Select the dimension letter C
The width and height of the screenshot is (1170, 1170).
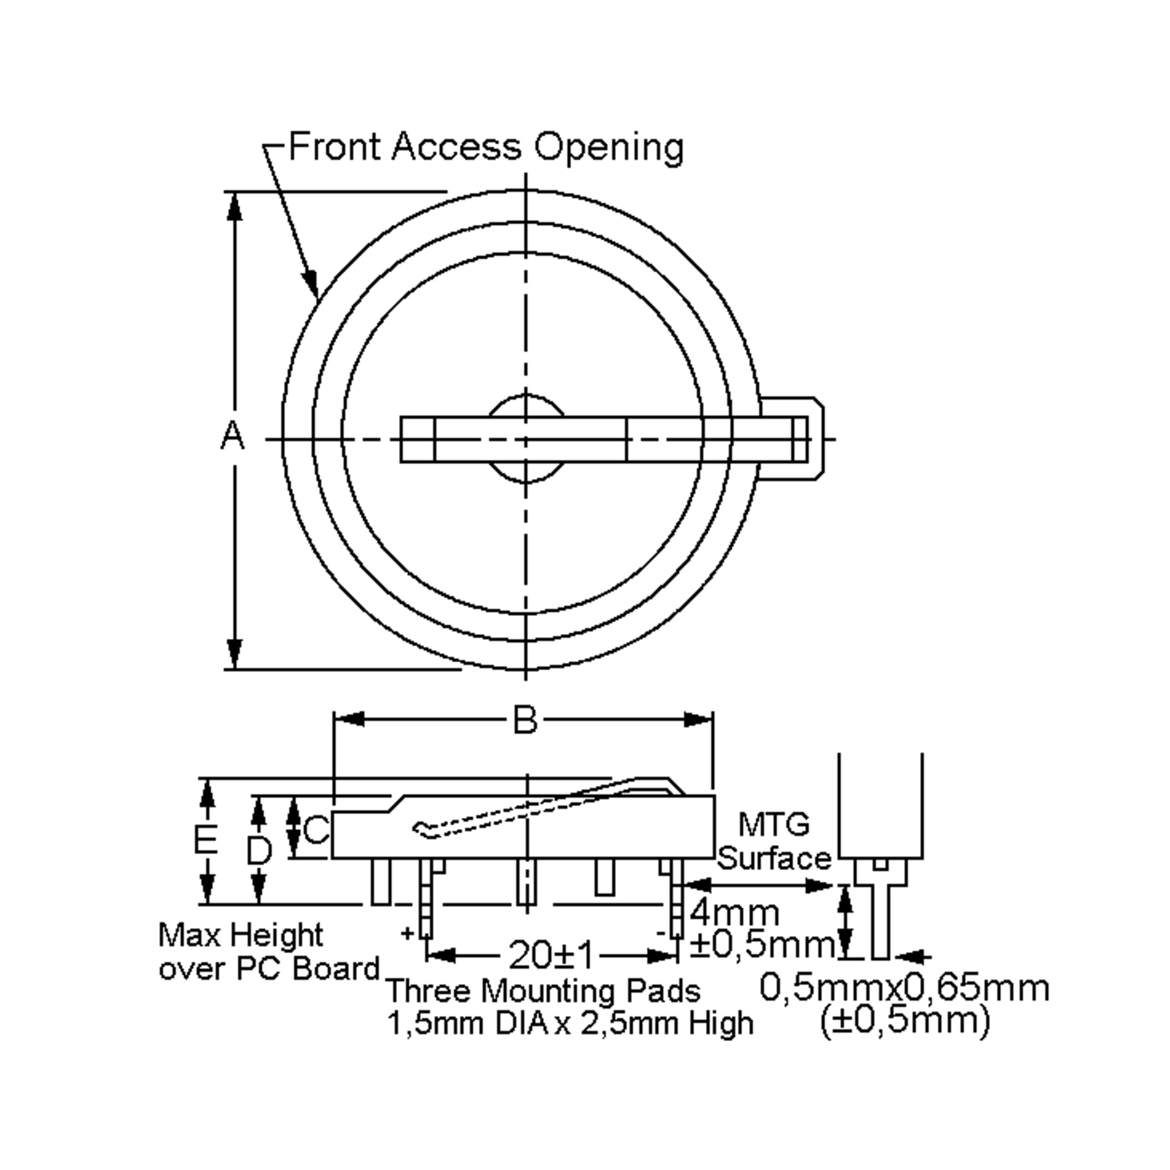coord(316,830)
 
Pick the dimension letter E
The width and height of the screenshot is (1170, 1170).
coord(206,840)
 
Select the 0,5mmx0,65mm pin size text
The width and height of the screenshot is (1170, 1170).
coord(904,988)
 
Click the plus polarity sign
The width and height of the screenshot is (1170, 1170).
coord(408,933)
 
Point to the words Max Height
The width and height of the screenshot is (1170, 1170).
coord(240,936)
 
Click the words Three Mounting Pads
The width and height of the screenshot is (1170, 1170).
coord(543,992)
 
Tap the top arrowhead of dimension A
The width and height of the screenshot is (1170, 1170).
coord(234,206)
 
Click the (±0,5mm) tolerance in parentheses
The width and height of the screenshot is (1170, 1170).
coord(905,1021)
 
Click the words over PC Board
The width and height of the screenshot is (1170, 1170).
coord(269,969)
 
